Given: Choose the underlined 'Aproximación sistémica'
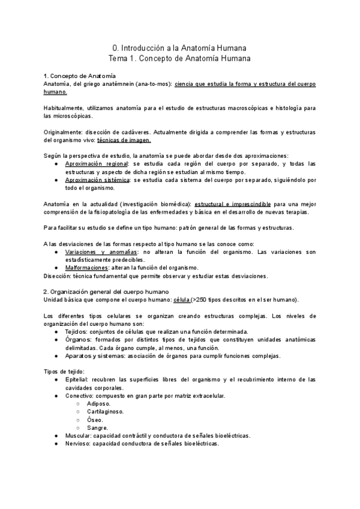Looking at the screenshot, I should [x=98, y=179].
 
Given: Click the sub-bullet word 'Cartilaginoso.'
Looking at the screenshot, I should [x=106, y=412].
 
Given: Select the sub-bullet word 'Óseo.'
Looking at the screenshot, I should [x=95, y=420].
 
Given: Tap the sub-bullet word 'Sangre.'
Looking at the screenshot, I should [x=97, y=428].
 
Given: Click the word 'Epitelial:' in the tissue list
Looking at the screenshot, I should [x=79, y=380].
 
